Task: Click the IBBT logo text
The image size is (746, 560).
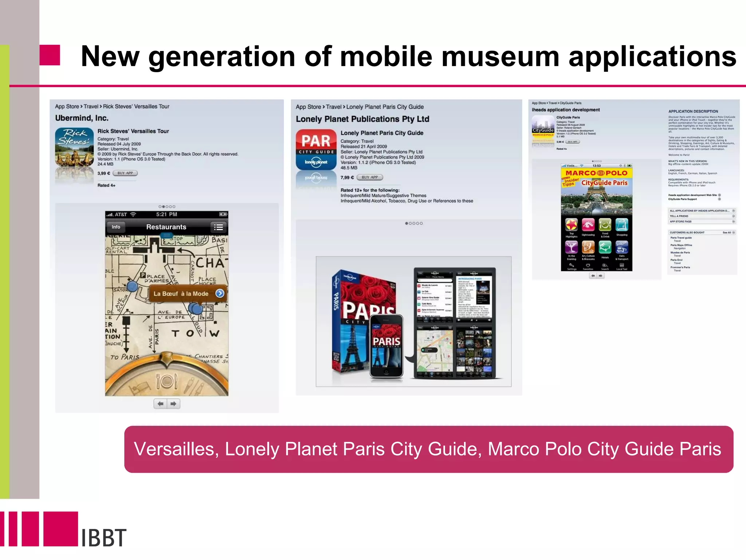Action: click(103, 537)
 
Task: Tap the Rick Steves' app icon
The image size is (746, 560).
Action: click(74, 147)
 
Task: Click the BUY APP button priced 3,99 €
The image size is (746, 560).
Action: click(125, 173)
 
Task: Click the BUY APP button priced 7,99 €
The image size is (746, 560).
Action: click(370, 177)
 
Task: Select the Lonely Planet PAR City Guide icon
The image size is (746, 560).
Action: click(316, 150)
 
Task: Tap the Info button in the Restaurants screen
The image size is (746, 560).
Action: click(116, 227)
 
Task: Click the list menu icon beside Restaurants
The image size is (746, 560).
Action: click(218, 227)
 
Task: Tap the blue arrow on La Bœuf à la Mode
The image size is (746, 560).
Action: click(220, 293)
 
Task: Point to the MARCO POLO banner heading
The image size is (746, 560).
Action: click(596, 173)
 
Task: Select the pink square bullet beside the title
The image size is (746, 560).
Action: click(50, 55)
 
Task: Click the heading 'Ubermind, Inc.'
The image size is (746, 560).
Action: click(82, 118)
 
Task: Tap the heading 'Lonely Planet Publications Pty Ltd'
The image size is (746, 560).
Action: click(362, 119)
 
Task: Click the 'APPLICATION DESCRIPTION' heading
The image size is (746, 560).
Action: click(693, 112)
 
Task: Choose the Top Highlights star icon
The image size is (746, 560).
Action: click(571, 225)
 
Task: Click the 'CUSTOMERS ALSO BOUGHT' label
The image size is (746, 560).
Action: click(687, 232)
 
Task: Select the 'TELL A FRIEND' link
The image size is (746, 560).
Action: click(679, 216)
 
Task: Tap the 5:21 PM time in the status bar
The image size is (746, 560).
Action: click(166, 214)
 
